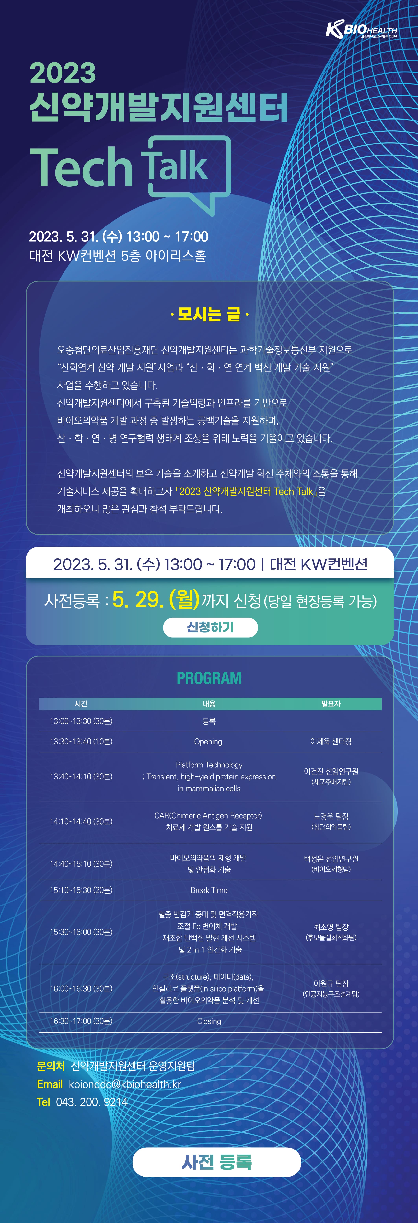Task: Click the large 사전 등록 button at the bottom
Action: (217, 1162)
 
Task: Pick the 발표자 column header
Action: (331, 704)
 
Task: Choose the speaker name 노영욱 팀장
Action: (331, 816)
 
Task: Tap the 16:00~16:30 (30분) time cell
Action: (81, 988)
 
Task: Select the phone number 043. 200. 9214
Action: (92, 1102)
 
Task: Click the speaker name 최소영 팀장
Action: (331, 927)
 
